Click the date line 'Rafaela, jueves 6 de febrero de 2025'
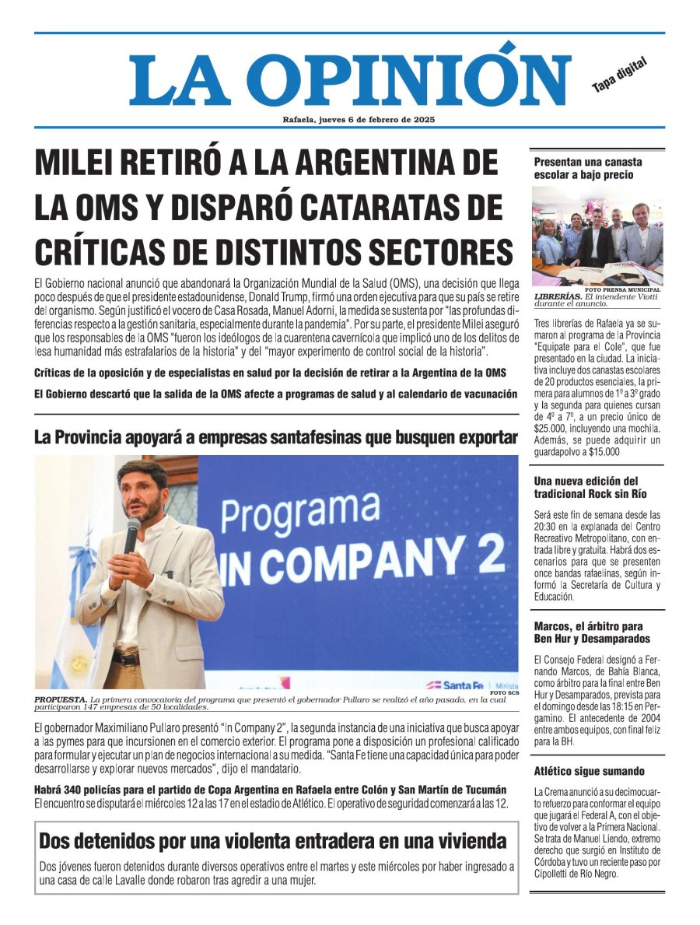tap(359, 120)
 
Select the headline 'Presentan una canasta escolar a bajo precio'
tap(588, 168)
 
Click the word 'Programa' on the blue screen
tap(300, 516)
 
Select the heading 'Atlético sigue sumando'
tap(589, 771)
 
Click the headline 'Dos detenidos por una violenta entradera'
tap(272, 841)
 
